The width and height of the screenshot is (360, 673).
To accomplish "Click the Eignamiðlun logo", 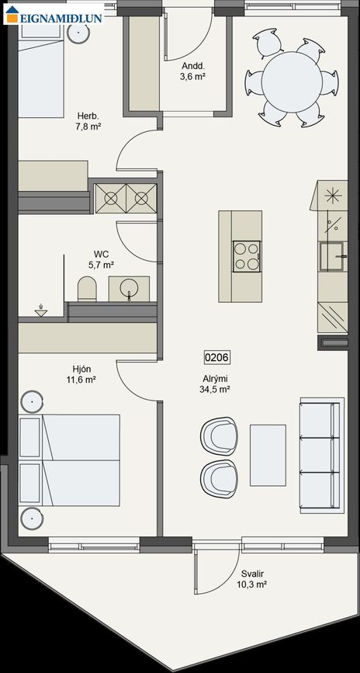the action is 54,14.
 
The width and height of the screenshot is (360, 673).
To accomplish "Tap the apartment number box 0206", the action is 217,357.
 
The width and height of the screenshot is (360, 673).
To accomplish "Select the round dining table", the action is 292,82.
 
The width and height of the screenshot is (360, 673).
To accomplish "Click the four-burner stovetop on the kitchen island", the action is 246,256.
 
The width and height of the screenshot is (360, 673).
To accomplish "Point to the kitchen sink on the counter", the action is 333,256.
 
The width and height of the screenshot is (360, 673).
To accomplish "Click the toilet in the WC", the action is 87,289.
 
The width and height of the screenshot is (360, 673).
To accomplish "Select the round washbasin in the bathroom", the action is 129,289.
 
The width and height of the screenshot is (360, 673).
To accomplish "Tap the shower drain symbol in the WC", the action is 41,310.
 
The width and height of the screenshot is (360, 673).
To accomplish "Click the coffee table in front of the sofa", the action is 268,455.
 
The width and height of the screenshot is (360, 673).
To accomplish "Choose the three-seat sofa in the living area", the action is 322,456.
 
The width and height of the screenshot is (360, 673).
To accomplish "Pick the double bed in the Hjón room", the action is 69,460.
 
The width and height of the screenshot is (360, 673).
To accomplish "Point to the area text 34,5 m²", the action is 216,390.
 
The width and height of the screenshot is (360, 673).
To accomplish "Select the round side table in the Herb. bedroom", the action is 79,32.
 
